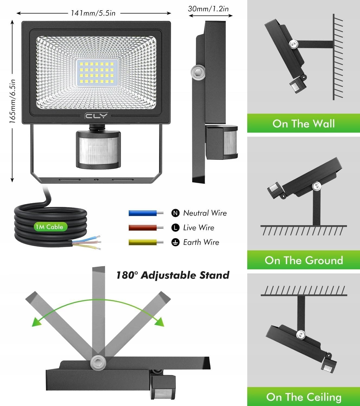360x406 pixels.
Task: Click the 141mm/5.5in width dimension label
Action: [x=93, y=13]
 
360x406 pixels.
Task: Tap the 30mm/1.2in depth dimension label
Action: [x=208, y=9]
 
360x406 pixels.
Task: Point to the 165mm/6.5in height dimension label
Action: [x=12, y=101]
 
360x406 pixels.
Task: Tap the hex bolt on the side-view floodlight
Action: [x=197, y=72]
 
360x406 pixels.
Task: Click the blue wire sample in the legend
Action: [x=143, y=213]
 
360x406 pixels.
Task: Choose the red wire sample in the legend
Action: [x=143, y=228]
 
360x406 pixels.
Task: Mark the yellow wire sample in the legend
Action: [x=143, y=242]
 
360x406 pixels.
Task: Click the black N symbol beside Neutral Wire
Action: [x=176, y=213]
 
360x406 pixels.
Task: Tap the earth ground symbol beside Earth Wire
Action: [x=176, y=242]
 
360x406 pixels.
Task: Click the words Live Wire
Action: [x=199, y=228]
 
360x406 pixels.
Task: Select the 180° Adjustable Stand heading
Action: [x=173, y=275]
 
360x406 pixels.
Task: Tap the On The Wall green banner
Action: [x=304, y=123]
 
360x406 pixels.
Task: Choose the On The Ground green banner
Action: [x=304, y=260]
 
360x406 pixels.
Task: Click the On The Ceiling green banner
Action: [x=304, y=397]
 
